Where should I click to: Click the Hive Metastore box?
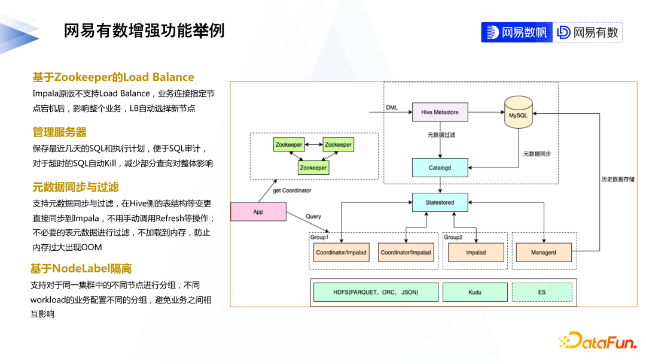[440, 112]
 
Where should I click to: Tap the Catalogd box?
[440, 168]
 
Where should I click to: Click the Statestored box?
[440, 202]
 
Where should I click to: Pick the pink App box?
[258, 212]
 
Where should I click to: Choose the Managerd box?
[543, 253]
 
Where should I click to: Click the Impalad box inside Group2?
[476, 253]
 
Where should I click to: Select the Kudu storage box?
[474, 292]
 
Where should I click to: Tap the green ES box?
[542, 292]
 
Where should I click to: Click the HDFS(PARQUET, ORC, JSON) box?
[376, 292]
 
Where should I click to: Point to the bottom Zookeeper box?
[313, 168]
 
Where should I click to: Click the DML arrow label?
[392, 107]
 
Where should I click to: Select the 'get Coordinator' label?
[292, 190]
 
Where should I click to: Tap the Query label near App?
[313, 216]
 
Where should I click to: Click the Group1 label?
[319, 237]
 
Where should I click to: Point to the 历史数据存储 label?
[617, 179]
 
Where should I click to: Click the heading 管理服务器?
[60, 132]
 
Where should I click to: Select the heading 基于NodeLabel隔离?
[81, 268]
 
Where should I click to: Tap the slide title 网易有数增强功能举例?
[144, 31]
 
